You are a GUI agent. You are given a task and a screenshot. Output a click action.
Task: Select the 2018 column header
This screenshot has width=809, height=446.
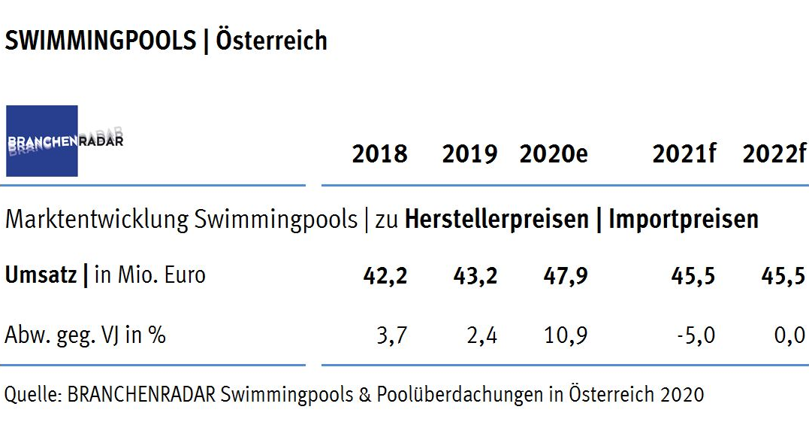[379, 155]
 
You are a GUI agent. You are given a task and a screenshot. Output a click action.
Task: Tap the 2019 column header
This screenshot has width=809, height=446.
[469, 155]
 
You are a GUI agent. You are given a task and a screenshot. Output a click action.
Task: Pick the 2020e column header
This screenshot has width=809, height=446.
[554, 155]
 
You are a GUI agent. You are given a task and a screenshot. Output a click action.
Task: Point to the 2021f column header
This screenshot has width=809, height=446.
[684, 155]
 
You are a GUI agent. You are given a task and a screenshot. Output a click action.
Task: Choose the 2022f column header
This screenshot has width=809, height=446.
[774, 155]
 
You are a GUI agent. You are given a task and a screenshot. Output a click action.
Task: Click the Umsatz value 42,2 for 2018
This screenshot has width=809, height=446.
[385, 275]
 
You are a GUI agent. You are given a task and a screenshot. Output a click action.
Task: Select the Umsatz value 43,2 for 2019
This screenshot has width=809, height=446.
[475, 275]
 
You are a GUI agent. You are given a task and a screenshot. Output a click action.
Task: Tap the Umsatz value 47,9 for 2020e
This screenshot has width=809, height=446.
[565, 275]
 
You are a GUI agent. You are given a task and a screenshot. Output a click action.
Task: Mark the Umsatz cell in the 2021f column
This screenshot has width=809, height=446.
[693, 275]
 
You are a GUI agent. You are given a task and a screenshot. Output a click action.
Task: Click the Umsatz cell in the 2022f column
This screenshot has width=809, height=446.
[783, 275]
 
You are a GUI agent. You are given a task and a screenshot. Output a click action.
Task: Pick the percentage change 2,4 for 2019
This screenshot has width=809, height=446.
[481, 335]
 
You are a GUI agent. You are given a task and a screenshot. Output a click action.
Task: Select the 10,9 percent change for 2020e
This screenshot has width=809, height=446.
[565, 335]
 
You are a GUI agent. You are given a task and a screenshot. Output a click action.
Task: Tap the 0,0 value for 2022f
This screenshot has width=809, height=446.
[789, 335]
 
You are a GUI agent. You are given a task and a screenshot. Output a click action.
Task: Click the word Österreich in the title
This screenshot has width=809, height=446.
[271, 41]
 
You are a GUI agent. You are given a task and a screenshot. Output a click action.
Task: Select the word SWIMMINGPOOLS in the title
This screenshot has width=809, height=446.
[100, 41]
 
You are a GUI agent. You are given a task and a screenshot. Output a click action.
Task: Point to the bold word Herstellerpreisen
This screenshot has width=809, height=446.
[497, 220]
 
